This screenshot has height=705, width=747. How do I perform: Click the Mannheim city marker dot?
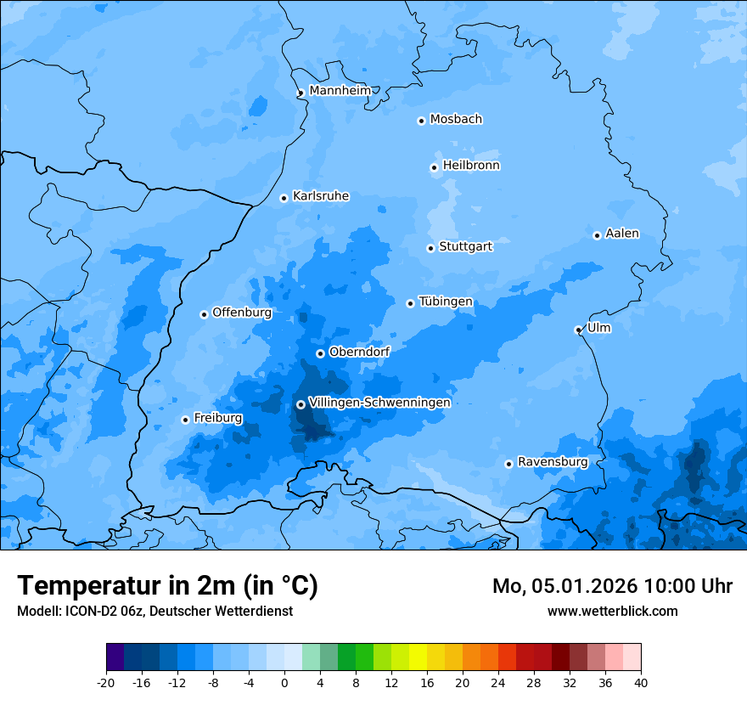(x=300, y=93)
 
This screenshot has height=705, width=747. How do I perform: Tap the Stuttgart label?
(x=465, y=246)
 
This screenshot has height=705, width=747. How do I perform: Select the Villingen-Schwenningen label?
(x=379, y=402)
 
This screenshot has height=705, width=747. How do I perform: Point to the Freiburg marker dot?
(x=185, y=420)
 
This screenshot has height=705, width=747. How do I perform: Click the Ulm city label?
(x=598, y=327)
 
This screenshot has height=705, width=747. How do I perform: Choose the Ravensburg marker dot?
(x=508, y=464)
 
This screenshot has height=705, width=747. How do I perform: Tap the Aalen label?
(x=622, y=233)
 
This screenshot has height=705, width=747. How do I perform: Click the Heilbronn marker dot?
(x=434, y=167)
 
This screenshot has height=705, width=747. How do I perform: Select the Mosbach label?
(x=456, y=119)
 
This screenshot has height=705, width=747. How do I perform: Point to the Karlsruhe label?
(x=320, y=195)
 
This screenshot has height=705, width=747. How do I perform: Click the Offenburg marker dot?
(x=204, y=314)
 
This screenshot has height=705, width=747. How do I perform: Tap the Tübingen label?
(x=446, y=302)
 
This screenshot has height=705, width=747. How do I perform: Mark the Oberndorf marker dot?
(x=320, y=353)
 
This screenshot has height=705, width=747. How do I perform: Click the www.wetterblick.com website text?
(x=612, y=611)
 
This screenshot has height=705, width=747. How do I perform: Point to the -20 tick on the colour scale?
(x=106, y=681)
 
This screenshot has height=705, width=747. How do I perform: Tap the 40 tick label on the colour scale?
(x=641, y=681)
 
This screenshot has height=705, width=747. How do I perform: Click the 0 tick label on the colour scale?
(x=284, y=681)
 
